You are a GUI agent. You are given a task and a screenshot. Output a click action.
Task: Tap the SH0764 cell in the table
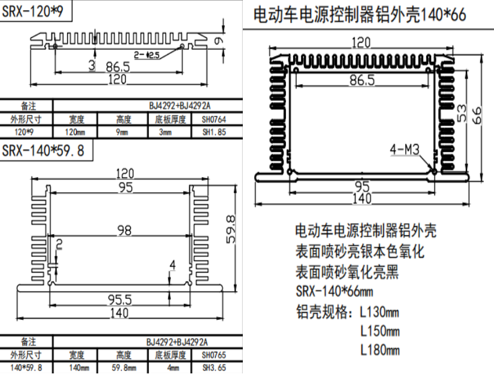coord(214,119)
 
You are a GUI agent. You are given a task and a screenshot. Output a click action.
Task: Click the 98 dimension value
coord(124,229)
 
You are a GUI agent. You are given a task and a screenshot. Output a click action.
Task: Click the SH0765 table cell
coord(214,355)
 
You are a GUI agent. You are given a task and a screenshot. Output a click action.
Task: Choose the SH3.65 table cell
coord(214,367)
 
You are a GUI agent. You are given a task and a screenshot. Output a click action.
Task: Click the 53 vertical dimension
coord(461,113)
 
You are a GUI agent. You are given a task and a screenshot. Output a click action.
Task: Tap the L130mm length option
coord(379,312)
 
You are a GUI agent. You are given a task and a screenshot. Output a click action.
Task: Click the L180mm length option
coord(379,349)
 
